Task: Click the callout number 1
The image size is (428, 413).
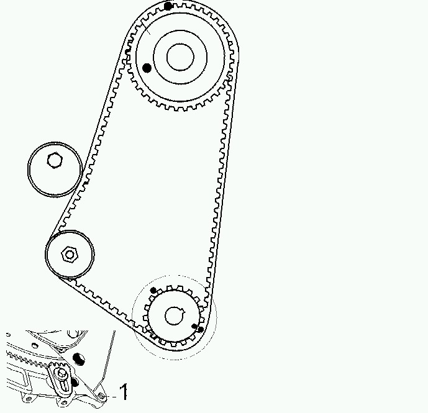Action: point(124,392)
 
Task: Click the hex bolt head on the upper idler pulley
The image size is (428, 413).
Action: point(55,161)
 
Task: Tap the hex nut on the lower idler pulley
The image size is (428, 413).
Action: point(69,253)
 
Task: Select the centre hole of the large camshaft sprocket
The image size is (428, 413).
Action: point(179,57)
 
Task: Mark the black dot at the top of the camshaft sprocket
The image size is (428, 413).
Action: point(168,6)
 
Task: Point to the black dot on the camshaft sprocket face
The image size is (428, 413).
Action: point(147,68)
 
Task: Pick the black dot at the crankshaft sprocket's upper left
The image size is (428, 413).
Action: point(154,290)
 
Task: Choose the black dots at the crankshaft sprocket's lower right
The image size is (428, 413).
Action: point(198,327)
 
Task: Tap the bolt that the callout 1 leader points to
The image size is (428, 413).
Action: point(101,396)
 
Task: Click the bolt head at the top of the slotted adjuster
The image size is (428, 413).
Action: point(61,373)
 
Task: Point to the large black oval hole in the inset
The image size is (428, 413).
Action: point(78,359)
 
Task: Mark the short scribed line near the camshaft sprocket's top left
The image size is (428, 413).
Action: point(147,27)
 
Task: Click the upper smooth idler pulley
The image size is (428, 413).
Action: point(55,169)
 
